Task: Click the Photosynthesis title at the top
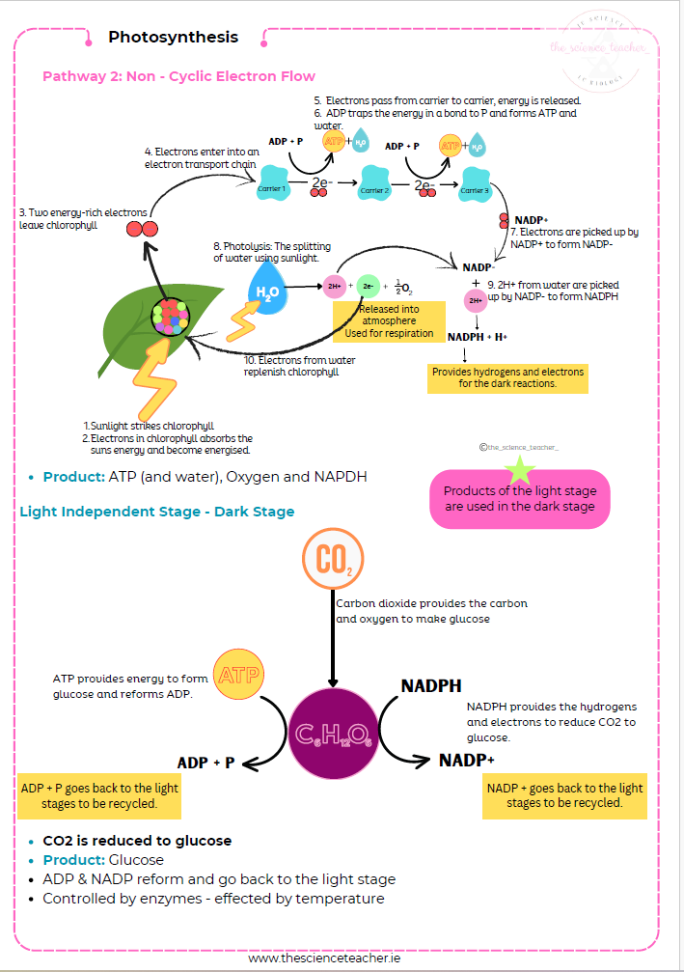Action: (x=173, y=38)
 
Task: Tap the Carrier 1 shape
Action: (x=273, y=187)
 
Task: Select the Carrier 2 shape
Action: (x=373, y=188)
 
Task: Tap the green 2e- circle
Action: (x=368, y=287)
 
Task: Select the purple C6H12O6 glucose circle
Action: (x=333, y=734)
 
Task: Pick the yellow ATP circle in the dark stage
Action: (x=237, y=676)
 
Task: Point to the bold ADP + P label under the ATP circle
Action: (x=206, y=763)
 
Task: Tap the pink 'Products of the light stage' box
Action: (x=520, y=499)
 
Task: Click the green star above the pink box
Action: (x=521, y=470)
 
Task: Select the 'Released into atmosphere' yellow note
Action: (x=389, y=321)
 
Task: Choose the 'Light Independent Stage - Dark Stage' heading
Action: (x=157, y=512)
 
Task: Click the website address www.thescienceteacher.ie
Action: (x=325, y=958)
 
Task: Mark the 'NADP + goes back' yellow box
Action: (x=564, y=795)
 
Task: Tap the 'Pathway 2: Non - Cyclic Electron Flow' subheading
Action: (x=179, y=76)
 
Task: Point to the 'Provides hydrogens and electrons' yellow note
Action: (x=507, y=377)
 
